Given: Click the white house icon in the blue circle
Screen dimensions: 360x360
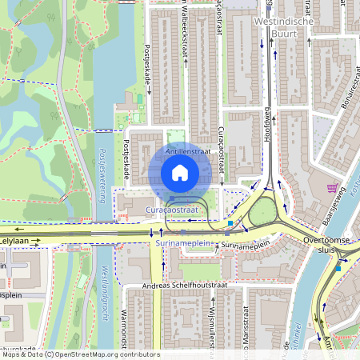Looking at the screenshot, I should click(180, 172).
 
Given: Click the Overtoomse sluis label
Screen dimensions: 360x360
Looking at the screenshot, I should click(330, 243).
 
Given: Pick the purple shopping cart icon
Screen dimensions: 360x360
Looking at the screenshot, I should click(332, 188).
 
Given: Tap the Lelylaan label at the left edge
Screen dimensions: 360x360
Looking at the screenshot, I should click(14, 239).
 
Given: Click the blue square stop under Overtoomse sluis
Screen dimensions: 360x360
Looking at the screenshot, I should click(338, 268).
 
